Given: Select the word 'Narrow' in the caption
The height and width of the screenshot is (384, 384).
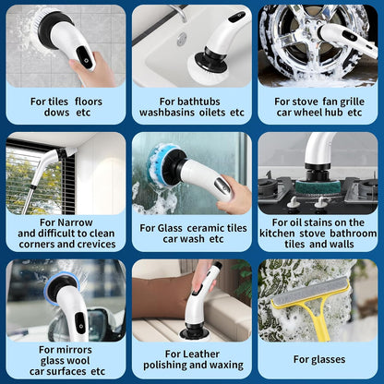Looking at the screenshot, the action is coord(75,222).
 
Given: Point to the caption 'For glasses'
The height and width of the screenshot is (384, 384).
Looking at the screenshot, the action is coord(319,359).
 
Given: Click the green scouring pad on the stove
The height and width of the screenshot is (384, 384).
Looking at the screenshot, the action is coord(318,186).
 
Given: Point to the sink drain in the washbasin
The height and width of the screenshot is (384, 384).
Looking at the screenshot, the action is coord(182,40).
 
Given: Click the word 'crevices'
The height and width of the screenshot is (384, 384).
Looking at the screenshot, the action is coord(97,245).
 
